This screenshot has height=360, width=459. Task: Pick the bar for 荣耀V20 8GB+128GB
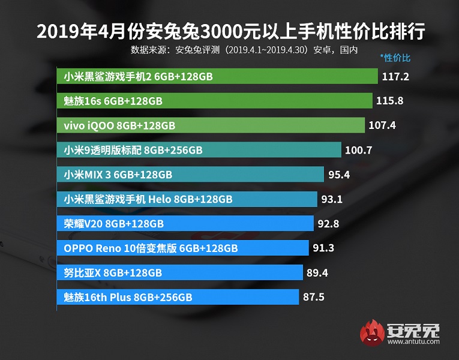(186, 224)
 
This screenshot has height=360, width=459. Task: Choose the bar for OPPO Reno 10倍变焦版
(184, 248)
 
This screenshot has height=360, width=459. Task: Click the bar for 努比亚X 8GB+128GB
(180, 272)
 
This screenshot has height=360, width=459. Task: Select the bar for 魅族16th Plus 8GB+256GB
(178, 297)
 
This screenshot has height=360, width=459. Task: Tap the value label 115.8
(389, 101)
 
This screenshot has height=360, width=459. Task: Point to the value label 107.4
(383, 126)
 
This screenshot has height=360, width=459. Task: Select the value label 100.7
(359, 151)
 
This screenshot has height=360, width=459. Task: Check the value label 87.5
(314, 297)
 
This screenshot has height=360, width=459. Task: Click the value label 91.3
(325, 248)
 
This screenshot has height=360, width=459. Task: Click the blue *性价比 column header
(395, 58)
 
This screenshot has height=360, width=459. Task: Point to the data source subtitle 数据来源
(244, 50)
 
